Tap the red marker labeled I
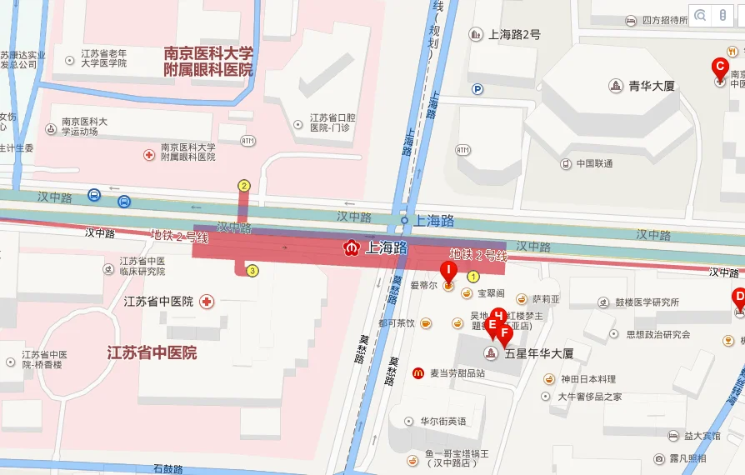pyautogui.click(x=447, y=272)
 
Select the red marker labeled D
pyautogui.click(x=738, y=297)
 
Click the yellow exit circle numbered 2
pyautogui.click(x=244, y=186)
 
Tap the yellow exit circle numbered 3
pyautogui.click(x=252, y=270)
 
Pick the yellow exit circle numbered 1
pyautogui.click(x=473, y=277)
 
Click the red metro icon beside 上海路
pyautogui.click(x=352, y=247)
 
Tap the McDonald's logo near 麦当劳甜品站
pyautogui.click(x=417, y=372)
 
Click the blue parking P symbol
pyautogui.click(x=477, y=89)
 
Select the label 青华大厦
pyautogui.click(x=651, y=86)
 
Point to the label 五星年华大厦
pyautogui.click(x=539, y=353)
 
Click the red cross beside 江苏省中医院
pyautogui.click(x=206, y=301)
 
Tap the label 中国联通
pyautogui.click(x=594, y=163)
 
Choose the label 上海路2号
pyautogui.click(x=514, y=34)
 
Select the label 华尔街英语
pyautogui.click(x=442, y=421)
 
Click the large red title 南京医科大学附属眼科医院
pyautogui.click(x=208, y=62)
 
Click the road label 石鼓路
pyautogui.click(x=168, y=469)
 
